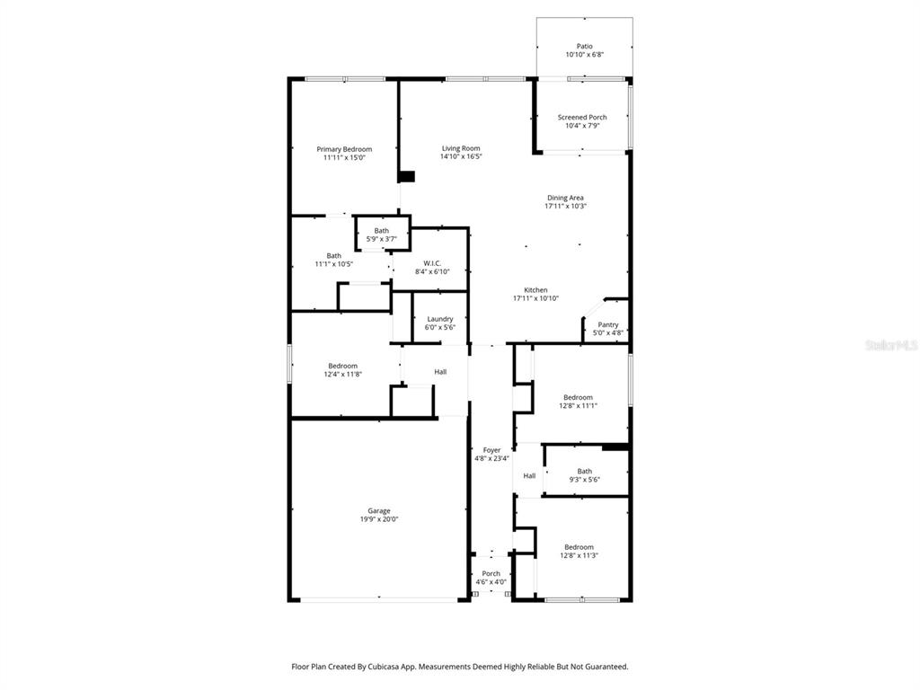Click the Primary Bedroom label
coord(344,149)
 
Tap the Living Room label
coord(461,148)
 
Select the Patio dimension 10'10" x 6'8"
coord(584,55)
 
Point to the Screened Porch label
coord(582,117)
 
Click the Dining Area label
coord(565,198)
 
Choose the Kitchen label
coord(536,290)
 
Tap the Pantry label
coord(608,324)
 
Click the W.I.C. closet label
coord(431,263)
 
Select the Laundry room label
coord(440,319)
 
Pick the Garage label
coord(378,510)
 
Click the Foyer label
coord(491,450)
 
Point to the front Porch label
coord(491,573)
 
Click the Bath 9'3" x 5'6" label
coord(585,471)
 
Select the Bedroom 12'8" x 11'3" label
coord(579,547)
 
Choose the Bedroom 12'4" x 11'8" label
coord(342,366)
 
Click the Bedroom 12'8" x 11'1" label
coord(578,397)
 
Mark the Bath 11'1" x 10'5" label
coord(333,256)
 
